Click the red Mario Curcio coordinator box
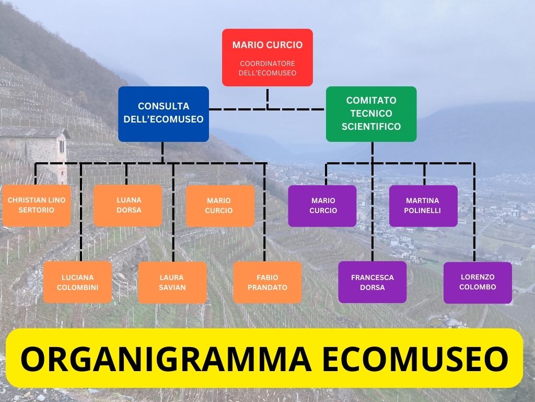(x=267, y=57)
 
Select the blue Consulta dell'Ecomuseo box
(x=163, y=114)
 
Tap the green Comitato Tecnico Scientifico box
(x=371, y=114)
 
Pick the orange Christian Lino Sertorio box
(x=37, y=205)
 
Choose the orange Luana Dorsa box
(x=128, y=205)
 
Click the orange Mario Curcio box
(x=220, y=205)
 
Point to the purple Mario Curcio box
(x=322, y=205)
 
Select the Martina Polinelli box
(x=423, y=205)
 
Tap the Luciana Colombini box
(x=77, y=282)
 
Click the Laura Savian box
(x=172, y=282)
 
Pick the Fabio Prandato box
(x=267, y=282)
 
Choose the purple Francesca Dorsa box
(x=372, y=282)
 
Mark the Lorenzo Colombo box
(x=478, y=282)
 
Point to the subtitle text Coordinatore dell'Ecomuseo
(x=267, y=68)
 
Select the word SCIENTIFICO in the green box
(x=371, y=127)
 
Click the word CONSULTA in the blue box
(x=164, y=106)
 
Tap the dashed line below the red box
(x=267, y=98)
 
